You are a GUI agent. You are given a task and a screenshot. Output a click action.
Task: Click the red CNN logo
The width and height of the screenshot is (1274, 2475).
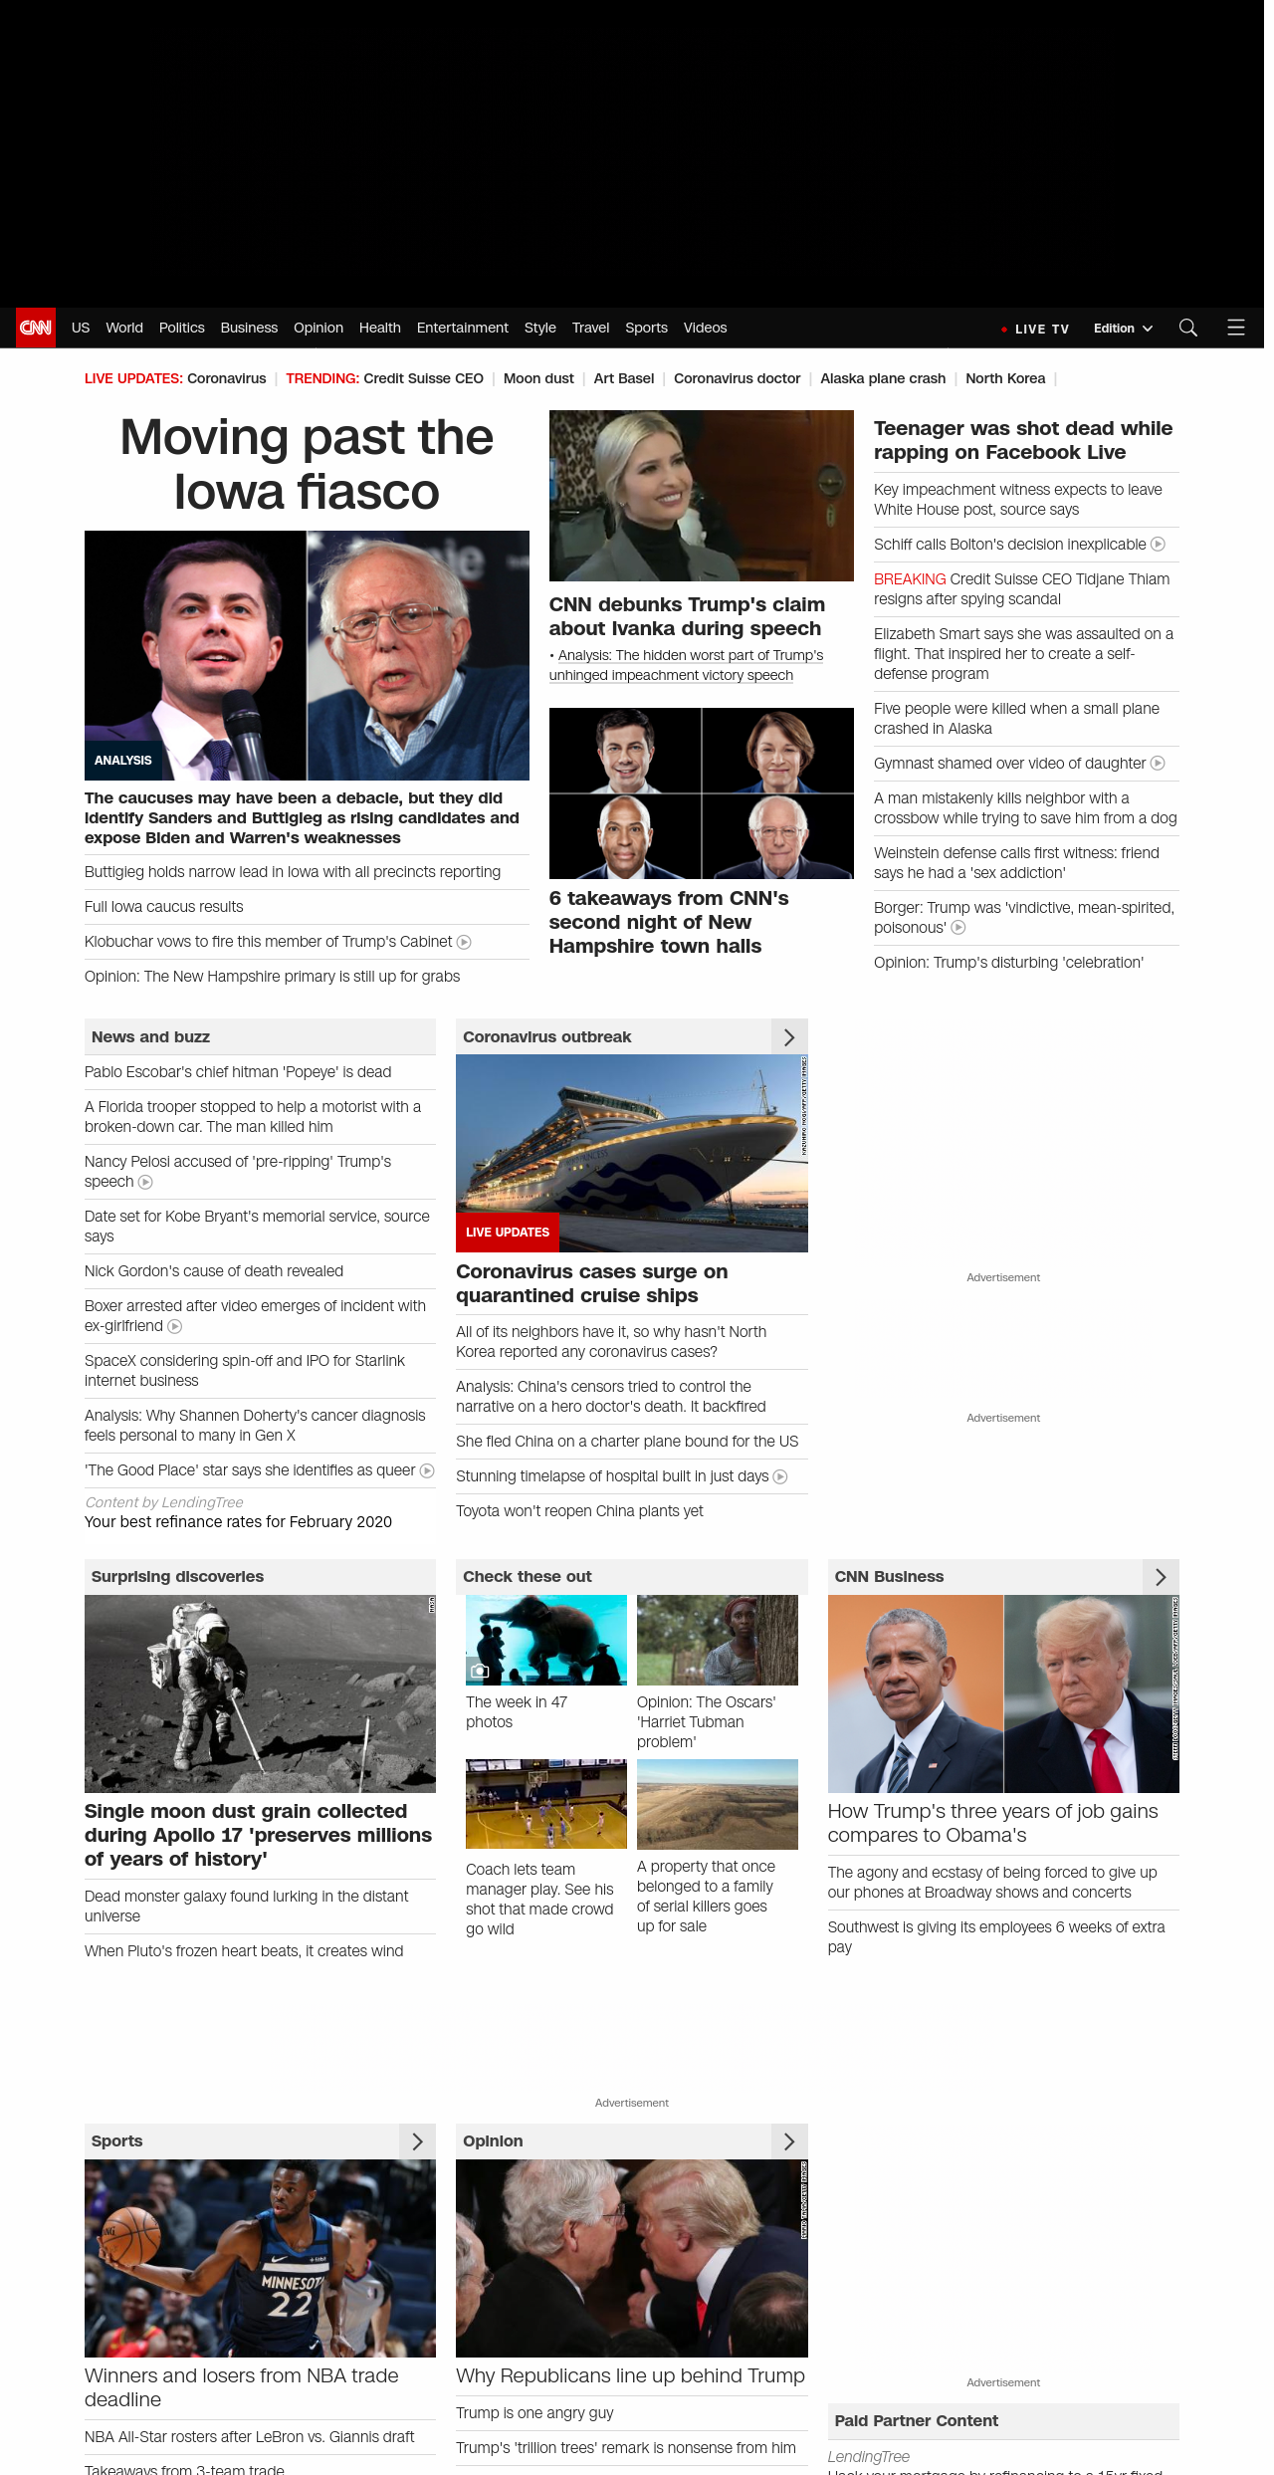point(36,328)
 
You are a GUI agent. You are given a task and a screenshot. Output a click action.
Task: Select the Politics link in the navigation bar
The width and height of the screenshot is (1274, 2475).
point(181,328)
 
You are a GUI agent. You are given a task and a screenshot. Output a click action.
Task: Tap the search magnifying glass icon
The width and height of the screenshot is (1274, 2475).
point(1187,328)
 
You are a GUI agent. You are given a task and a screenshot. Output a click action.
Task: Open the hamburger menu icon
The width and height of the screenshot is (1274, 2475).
point(1236,328)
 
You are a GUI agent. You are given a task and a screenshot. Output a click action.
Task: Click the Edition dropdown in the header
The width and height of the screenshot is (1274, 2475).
point(1122,329)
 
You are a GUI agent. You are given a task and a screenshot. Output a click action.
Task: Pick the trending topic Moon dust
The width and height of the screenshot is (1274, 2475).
point(538,378)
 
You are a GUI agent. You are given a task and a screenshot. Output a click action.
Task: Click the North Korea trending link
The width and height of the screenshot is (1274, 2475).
point(1005,378)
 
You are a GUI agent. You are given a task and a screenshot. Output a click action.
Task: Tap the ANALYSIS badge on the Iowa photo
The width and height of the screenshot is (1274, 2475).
point(123,761)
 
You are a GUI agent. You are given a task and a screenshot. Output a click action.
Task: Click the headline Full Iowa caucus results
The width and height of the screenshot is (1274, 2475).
point(164,907)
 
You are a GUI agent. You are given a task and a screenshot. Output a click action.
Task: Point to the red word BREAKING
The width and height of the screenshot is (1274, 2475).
point(909,579)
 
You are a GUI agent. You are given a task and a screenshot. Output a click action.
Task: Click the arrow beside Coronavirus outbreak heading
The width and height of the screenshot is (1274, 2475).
point(789,1037)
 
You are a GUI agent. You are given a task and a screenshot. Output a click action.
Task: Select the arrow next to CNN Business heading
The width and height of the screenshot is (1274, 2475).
point(1161,1577)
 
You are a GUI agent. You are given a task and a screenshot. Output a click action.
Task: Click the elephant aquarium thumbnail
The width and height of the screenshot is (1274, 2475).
point(546,1640)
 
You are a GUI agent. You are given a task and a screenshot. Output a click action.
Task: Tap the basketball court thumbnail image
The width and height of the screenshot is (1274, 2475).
point(546,1804)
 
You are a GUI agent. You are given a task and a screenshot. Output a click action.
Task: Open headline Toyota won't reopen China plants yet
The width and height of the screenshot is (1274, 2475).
point(579,1511)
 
